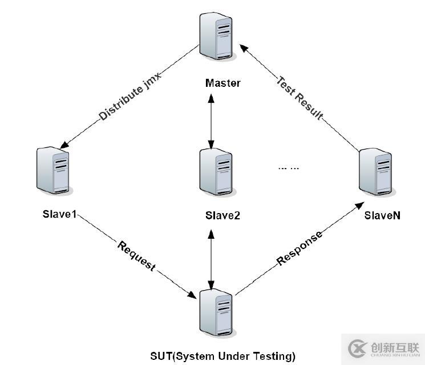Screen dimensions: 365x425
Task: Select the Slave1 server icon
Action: point(53,170)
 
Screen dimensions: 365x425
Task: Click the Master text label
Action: point(223,83)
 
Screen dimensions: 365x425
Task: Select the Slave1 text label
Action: point(59,215)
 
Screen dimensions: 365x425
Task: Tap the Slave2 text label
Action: point(223,215)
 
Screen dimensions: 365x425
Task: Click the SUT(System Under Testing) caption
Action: point(223,356)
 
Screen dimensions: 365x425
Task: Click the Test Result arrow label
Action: point(299,97)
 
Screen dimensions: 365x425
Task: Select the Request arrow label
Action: point(136,256)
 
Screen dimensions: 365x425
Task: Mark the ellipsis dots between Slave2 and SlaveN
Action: point(289,168)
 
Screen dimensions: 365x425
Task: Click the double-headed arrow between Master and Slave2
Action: point(212,120)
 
